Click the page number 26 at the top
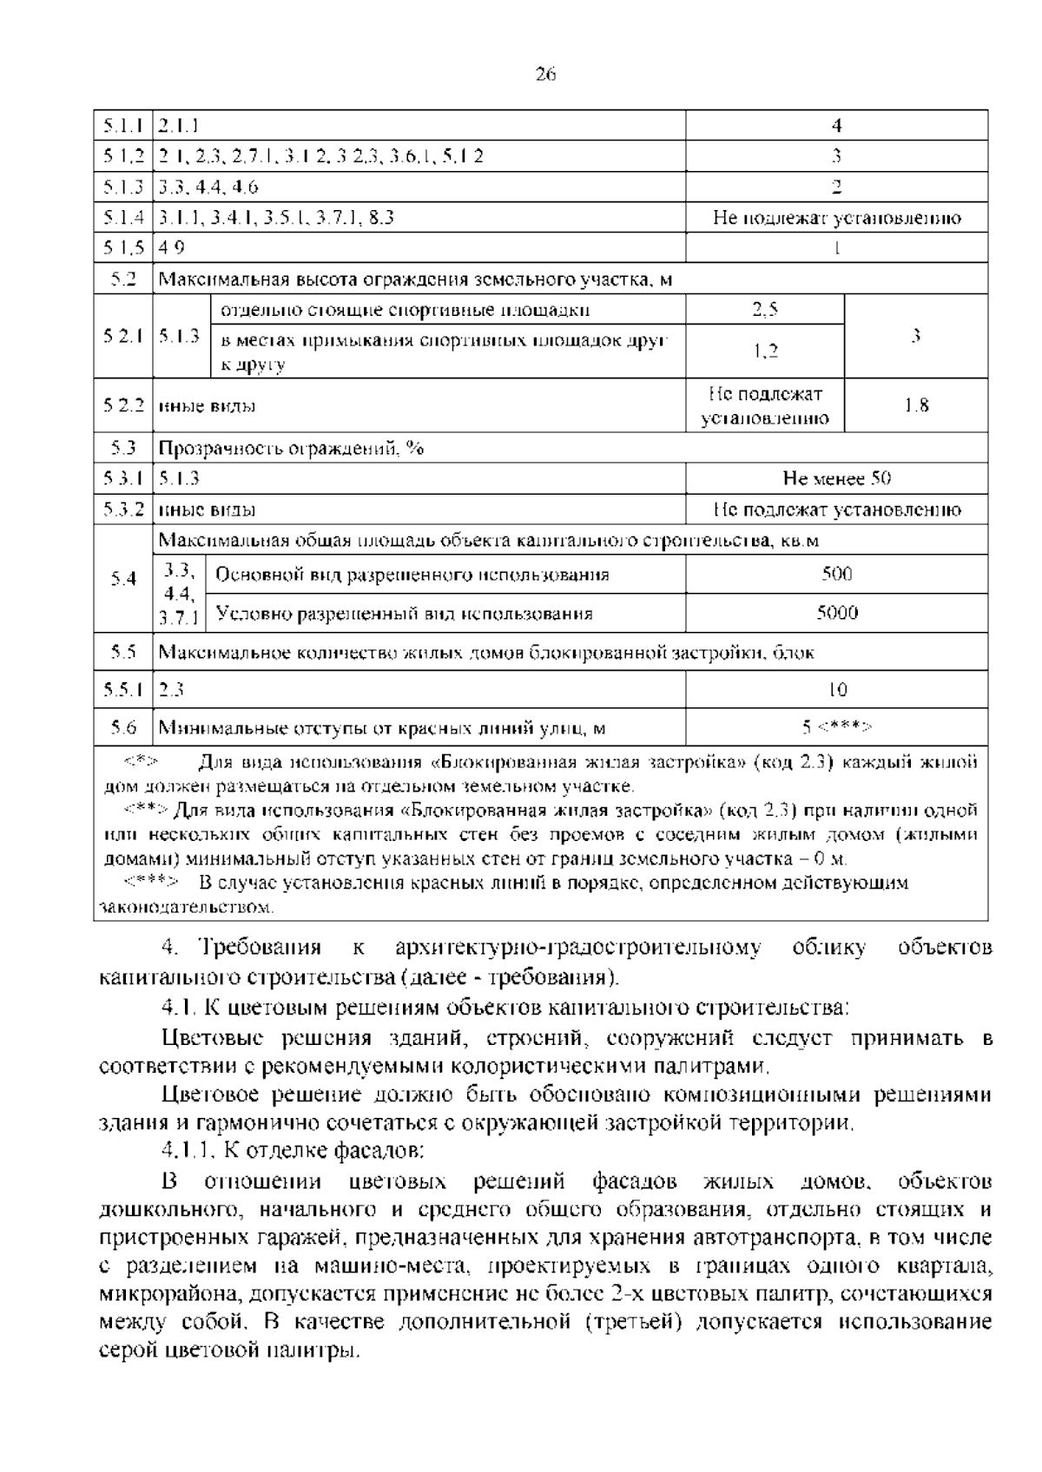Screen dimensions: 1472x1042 click(x=545, y=74)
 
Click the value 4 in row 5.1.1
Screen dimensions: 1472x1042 click(x=836, y=126)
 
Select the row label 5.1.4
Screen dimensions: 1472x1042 click(x=122, y=218)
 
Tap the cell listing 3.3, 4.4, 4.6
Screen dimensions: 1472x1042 click(x=208, y=187)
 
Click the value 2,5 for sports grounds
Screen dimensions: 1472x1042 click(x=764, y=310)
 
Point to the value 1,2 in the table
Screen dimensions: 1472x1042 click(x=764, y=351)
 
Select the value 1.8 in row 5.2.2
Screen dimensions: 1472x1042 click(x=916, y=405)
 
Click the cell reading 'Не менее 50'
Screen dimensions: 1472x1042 click(x=836, y=478)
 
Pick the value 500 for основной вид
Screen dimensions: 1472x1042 click(x=836, y=574)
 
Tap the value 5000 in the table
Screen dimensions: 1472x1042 click(x=836, y=613)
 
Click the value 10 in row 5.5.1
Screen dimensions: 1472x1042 click(x=836, y=690)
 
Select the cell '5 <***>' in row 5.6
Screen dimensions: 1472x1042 click(x=836, y=727)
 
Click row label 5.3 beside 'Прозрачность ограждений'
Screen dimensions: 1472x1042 click(x=122, y=448)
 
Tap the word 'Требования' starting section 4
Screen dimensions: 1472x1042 click(x=260, y=947)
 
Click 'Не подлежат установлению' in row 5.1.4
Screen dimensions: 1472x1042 click(x=836, y=218)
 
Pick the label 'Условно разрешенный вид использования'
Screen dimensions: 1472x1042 click(x=404, y=614)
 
